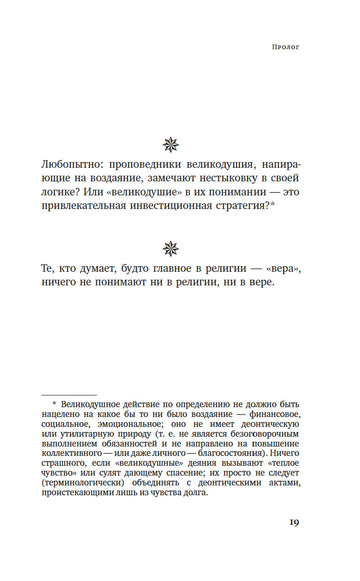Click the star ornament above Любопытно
click(x=171, y=145)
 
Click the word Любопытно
click(x=69, y=166)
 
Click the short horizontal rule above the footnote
click(x=69, y=395)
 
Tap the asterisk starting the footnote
click(x=54, y=404)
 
